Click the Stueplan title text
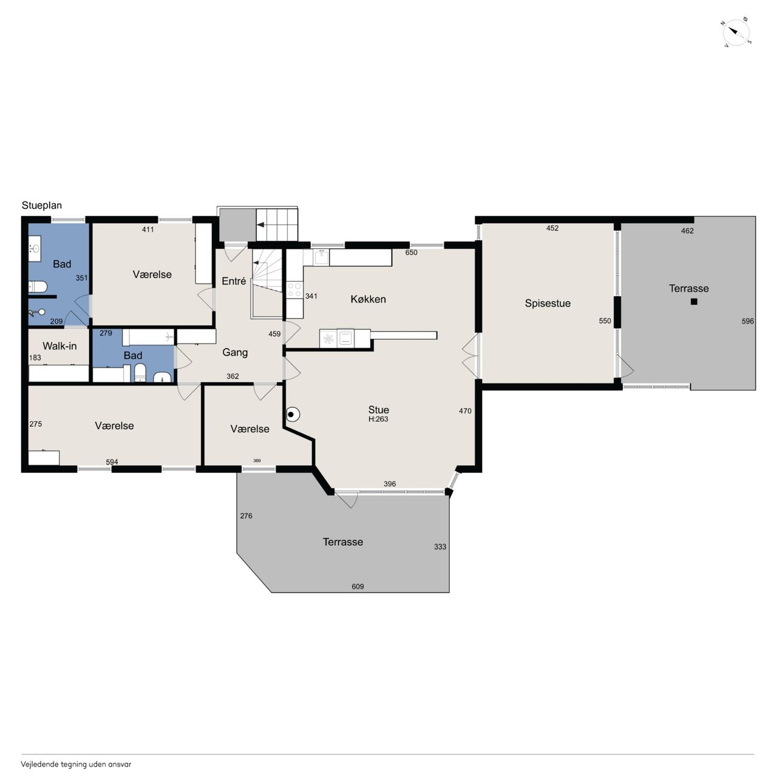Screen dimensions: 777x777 [41, 205]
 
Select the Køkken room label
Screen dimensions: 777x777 [368, 299]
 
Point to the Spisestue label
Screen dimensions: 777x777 [548, 304]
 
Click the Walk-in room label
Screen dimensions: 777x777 [59, 346]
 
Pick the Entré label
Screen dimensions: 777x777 [234, 281]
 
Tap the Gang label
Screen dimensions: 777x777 [235, 353]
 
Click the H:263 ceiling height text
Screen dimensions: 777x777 [378, 419]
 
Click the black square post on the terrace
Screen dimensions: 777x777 [694, 301]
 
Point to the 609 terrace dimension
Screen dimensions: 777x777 [358, 586]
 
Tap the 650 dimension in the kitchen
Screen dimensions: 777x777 [412, 253]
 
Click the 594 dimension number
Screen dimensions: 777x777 [112, 462]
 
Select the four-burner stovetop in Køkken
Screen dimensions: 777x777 [294, 290]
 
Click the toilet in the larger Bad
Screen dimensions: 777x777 [38, 287]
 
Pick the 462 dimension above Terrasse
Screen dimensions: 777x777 [688, 231]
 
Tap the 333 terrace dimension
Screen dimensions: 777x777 [440, 547]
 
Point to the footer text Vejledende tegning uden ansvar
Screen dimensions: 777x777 [76, 764]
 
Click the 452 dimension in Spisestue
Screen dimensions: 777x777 [552, 228]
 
